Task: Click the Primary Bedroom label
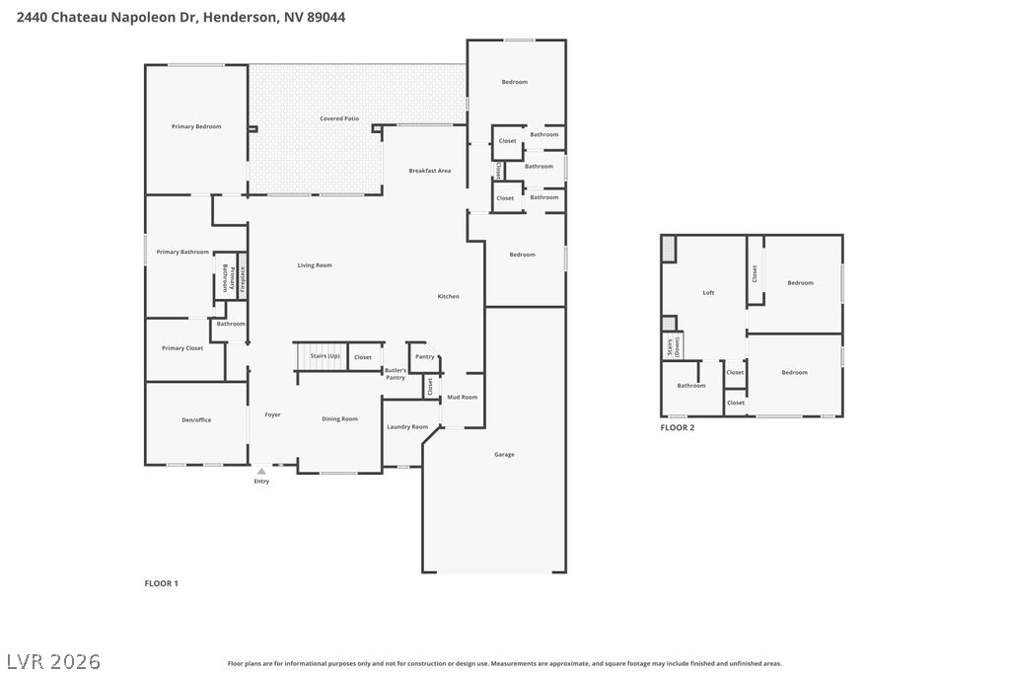(195, 126)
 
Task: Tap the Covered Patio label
(338, 118)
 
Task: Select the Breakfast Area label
(430, 171)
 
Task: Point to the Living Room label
(315, 264)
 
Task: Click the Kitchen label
(448, 296)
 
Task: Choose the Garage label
(504, 454)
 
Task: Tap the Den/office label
(196, 419)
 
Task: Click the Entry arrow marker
(261, 472)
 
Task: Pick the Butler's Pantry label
(396, 374)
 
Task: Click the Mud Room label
(462, 397)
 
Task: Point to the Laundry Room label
(407, 426)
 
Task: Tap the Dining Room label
(339, 418)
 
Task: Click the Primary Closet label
(182, 347)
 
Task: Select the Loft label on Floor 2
(708, 292)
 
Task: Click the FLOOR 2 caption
(678, 427)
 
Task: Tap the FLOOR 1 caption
(162, 583)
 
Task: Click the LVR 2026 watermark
(53, 660)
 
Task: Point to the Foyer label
(272, 414)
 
